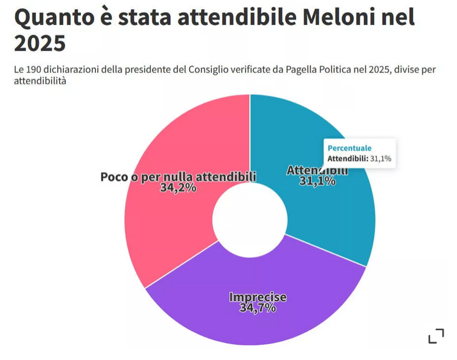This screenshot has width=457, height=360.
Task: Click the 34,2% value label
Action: [x=178, y=188]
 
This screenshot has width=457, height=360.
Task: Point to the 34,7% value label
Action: [x=258, y=308]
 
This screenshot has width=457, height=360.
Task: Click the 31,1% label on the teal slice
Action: [x=317, y=181]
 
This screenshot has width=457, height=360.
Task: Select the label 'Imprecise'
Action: [x=258, y=297]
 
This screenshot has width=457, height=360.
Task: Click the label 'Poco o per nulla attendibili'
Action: [x=178, y=176]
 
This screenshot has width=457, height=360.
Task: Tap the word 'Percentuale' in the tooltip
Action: [x=349, y=148]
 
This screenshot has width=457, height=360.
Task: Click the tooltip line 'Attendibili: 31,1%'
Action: [x=359, y=159]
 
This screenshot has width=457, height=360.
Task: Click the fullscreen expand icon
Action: [x=436, y=336]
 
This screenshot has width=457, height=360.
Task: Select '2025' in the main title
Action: [x=40, y=44]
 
